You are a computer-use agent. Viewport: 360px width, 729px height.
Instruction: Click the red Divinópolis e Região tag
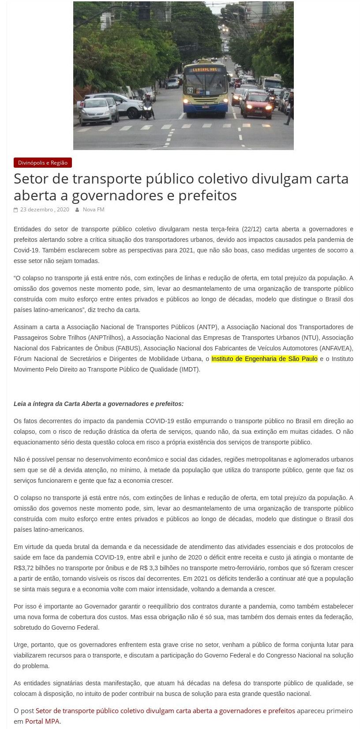pos(43,163)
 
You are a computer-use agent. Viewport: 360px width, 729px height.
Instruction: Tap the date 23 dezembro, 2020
pos(45,210)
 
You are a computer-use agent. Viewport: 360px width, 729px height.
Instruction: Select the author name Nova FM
pos(94,210)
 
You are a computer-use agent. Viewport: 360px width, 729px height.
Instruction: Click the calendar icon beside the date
pos(16,210)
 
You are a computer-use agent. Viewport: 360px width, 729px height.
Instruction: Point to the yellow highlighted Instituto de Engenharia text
pos(264,359)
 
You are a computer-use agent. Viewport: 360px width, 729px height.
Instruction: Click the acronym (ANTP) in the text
pos(207,327)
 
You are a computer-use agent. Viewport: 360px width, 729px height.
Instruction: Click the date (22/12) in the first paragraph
pos(251,229)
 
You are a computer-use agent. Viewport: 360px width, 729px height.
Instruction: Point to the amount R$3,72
pos(25,568)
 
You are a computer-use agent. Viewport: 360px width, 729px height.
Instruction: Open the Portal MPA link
pos(42,721)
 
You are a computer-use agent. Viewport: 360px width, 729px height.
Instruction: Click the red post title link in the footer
pos(165,710)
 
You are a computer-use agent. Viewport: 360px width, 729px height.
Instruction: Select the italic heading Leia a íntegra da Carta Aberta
pos(98,404)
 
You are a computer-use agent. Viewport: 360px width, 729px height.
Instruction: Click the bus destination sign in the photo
pos(206,69)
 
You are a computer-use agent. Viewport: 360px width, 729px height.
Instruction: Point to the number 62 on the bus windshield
pos(190,90)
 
